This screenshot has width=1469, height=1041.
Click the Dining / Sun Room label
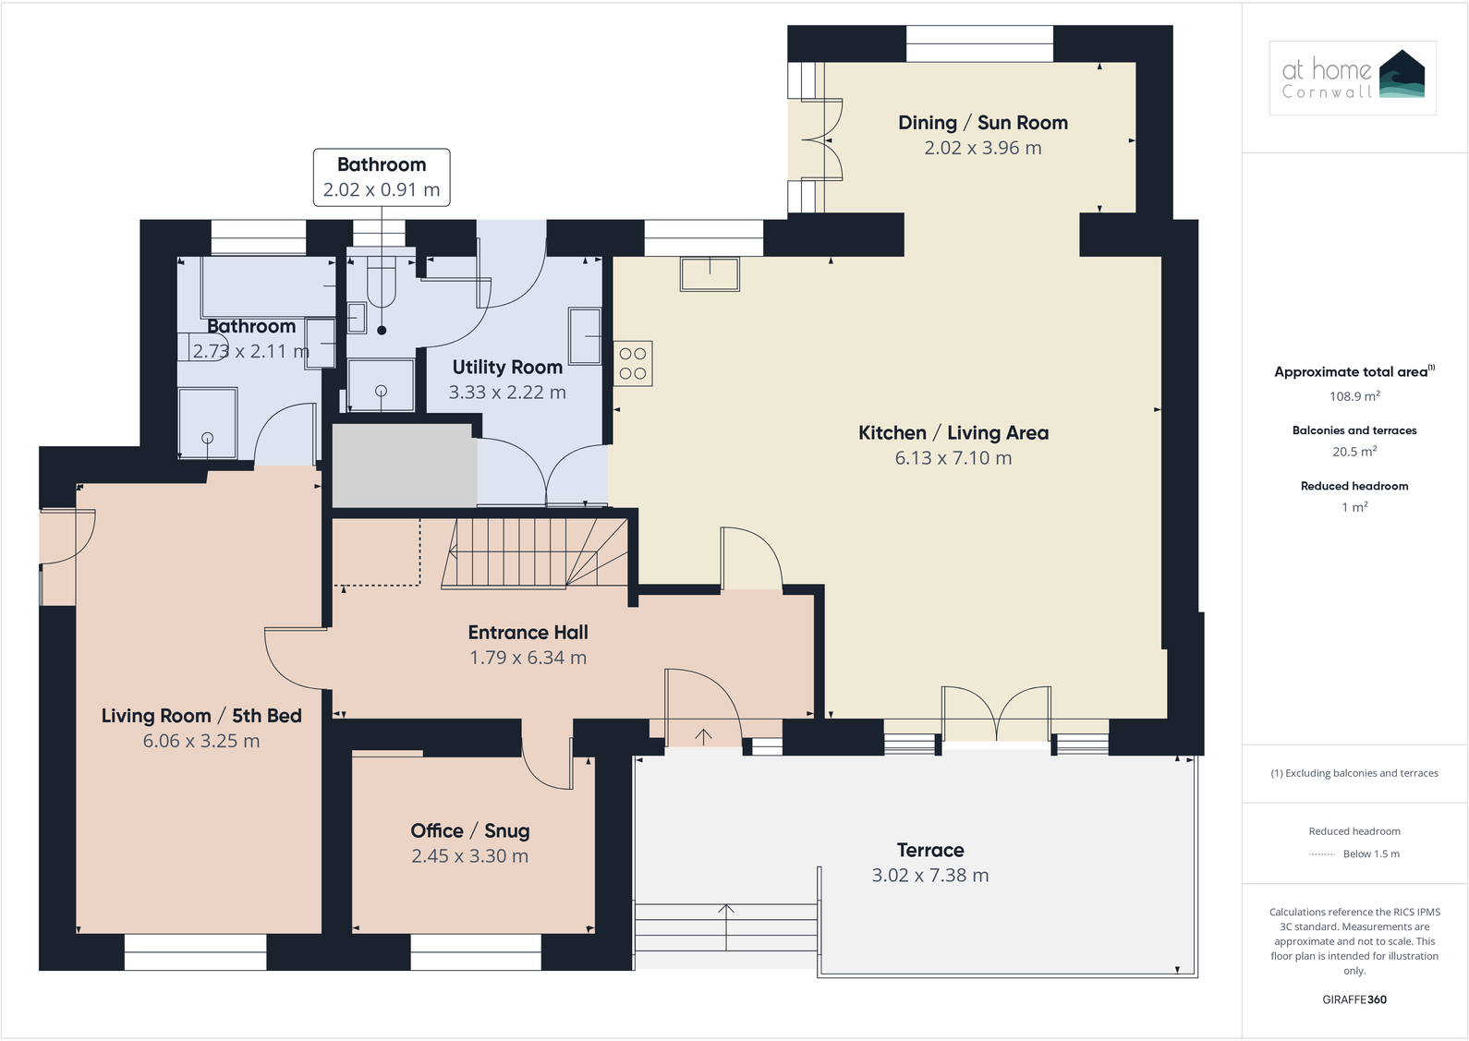(982, 123)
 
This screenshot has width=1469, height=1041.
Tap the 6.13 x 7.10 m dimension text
(953, 458)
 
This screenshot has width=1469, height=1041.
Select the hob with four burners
(633, 363)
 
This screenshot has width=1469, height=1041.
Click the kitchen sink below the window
(710, 274)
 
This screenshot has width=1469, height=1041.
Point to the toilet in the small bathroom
(381, 283)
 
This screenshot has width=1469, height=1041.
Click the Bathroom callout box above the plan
(382, 176)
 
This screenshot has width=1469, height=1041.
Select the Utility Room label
(507, 368)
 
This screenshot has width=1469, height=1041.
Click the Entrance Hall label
(528, 633)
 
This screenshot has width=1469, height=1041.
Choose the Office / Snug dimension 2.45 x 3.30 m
(469, 856)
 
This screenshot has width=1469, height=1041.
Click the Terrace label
(929, 850)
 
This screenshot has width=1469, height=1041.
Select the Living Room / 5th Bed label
(201, 716)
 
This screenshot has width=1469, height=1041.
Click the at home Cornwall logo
(1352, 78)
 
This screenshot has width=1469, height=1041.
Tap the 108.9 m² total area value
(1354, 396)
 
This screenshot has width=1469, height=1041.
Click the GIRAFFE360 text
(1354, 999)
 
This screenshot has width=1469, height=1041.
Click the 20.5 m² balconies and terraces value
(1354, 452)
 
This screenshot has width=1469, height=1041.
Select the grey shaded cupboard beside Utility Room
(404, 465)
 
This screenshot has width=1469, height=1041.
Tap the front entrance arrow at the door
(703, 735)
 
